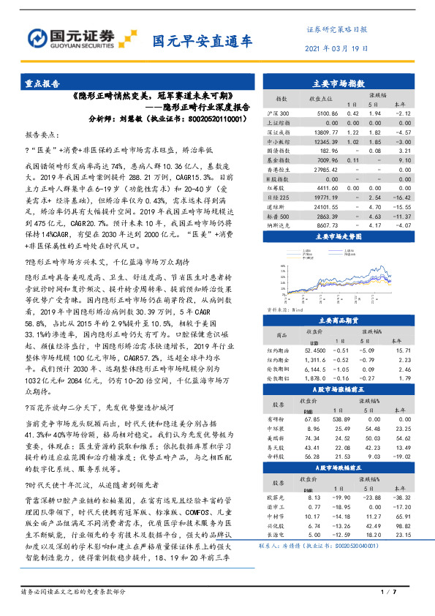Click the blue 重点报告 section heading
43,84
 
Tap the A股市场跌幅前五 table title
338,467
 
